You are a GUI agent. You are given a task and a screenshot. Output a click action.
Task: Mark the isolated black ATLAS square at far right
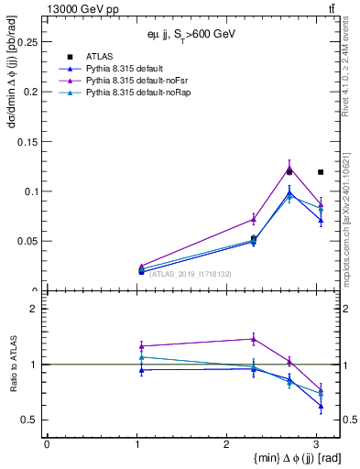tap(321, 171)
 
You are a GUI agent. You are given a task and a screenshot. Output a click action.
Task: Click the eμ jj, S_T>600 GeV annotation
tap(191, 34)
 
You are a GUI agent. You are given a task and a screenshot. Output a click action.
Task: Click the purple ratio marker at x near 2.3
tap(254, 339)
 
